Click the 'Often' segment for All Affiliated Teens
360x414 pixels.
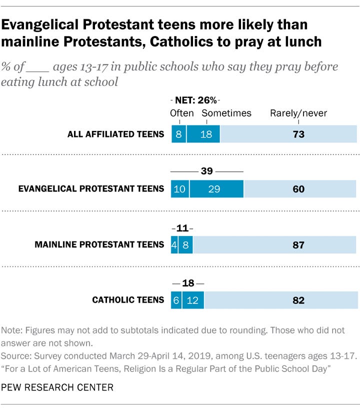[x=178, y=134]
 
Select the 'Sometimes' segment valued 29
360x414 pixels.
[x=217, y=189]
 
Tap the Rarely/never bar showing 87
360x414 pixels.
[x=275, y=245]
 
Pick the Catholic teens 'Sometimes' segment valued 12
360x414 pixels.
[x=193, y=300]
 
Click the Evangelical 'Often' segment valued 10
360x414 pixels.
[x=180, y=189]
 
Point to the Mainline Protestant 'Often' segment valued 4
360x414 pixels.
[x=174, y=245]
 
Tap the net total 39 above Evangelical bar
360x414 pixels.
[x=207, y=171]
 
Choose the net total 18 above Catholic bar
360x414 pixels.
[x=187, y=283]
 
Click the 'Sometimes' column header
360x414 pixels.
[x=226, y=113]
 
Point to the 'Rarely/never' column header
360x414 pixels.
[x=298, y=113]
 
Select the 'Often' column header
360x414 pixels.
[x=181, y=113]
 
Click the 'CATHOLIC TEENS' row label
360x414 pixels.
[x=128, y=300]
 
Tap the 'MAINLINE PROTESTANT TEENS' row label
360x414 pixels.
[x=99, y=244]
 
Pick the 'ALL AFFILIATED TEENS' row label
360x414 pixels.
[x=116, y=134]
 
